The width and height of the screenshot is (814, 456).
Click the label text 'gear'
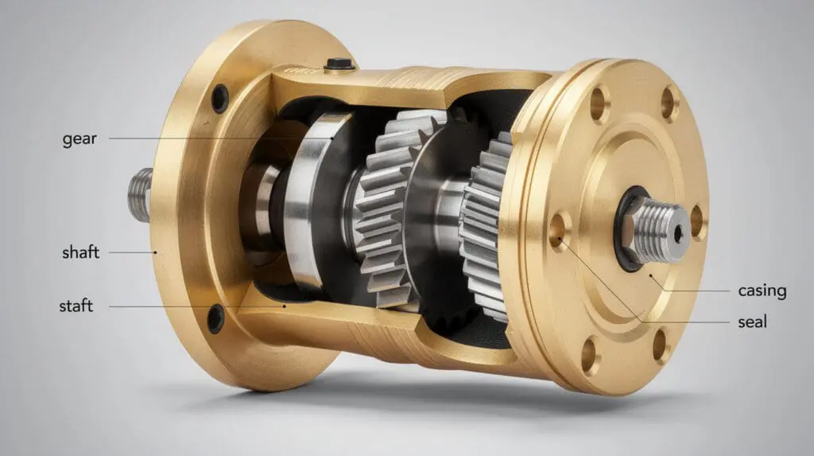click(x=79, y=139)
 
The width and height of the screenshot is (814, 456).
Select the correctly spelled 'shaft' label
click(x=80, y=253)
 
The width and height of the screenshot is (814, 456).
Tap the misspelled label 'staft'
click(x=76, y=306)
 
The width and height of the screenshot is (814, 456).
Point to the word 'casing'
click(x=762, y=291)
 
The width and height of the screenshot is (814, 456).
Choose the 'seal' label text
click(x=752, y=323)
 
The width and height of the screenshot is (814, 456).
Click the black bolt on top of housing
click(x=339, y=64)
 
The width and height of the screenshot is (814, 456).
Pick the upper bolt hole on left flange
click(x=219, y=99)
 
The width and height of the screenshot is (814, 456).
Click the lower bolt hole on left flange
click(x=215, y=318)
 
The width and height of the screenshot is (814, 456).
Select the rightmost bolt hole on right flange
click(x=696, y=222)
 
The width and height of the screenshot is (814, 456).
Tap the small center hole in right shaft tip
click(x=678, y=233)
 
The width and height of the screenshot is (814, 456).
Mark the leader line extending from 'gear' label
click(x=215, y=139)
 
